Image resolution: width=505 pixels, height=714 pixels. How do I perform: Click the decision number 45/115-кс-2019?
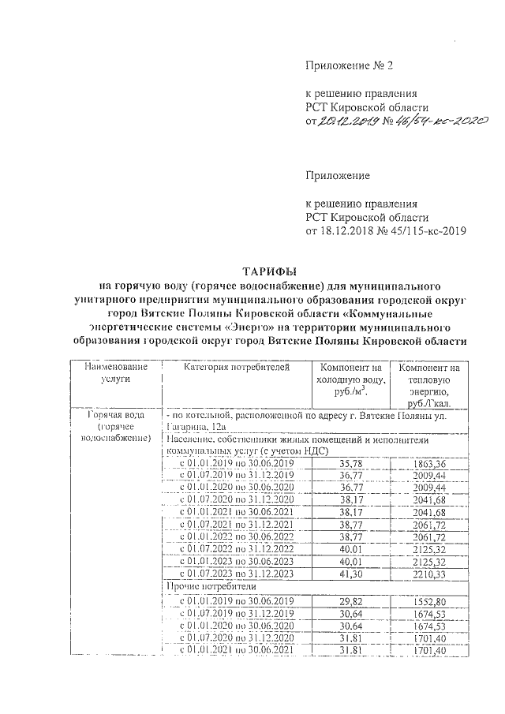click(425, 231)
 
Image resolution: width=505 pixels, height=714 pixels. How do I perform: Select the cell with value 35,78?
click(351, 463)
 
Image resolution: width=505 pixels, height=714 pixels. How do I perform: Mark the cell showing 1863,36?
click(429, 463)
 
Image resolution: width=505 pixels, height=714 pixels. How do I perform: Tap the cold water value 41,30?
click(351, 573)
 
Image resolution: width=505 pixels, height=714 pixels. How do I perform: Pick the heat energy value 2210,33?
click(429, 573)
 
